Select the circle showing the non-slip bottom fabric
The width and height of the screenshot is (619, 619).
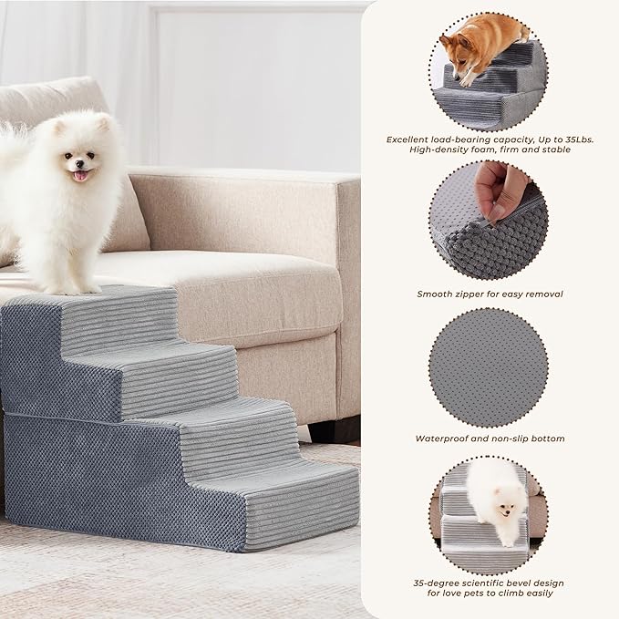click(x=488, y=365)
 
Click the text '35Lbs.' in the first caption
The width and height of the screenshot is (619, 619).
click(x=568, y=139)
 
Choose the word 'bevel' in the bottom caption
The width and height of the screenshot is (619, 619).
click(x=522, y=583)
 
